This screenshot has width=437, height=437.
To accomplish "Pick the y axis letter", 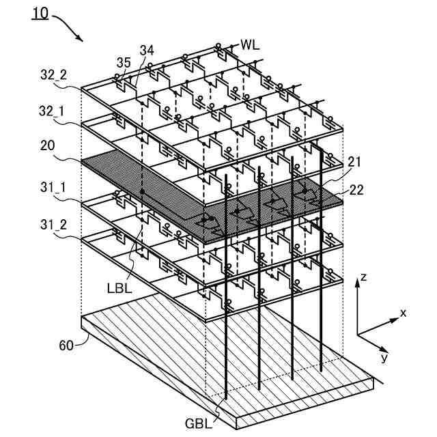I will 385,358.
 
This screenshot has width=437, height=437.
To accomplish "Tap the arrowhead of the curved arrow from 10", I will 83,40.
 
